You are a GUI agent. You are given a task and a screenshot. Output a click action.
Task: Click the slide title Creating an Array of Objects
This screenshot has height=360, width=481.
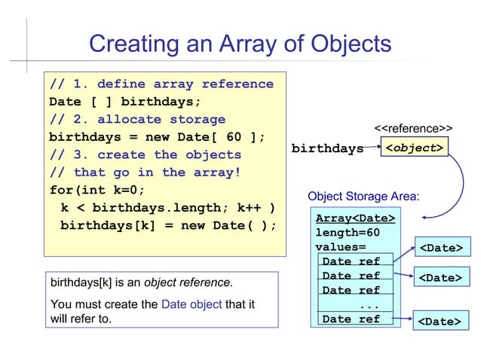240,44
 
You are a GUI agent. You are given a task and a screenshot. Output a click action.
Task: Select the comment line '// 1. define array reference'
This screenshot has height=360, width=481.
161,84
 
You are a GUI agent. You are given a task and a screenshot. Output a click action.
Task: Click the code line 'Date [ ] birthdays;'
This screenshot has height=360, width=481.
124,102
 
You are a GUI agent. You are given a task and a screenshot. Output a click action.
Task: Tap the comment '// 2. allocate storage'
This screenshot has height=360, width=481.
136,120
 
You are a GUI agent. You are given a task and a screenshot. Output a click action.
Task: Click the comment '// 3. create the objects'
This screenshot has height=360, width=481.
145,154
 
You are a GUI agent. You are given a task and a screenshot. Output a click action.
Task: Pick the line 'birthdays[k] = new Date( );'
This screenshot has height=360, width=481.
168,225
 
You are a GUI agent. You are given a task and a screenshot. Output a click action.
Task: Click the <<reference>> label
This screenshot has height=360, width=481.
413,129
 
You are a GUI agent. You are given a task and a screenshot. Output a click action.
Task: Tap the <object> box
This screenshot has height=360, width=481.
413,148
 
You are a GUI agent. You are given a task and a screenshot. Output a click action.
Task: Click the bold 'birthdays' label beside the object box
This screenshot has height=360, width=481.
327,148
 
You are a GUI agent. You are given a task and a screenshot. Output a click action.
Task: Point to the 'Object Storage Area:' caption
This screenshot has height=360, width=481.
363,197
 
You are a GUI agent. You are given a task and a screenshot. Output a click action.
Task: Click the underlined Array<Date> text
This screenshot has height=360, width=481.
354,218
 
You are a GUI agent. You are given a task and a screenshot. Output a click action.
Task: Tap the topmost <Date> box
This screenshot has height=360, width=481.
440,248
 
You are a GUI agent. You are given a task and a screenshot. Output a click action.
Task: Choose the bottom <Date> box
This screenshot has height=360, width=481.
440,322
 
